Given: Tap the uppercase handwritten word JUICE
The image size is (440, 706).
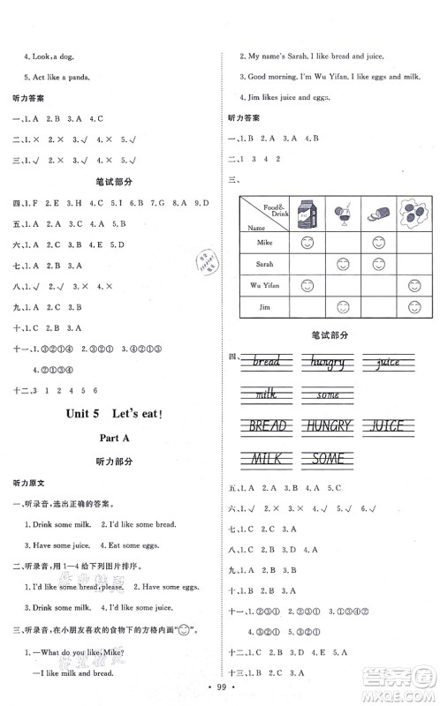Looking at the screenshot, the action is coord(385,427).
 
